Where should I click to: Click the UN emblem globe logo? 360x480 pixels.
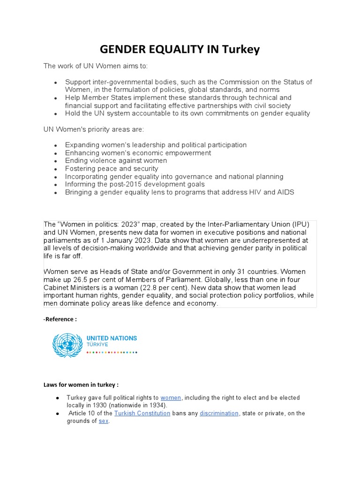(67, 345)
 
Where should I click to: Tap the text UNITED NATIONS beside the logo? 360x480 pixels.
(112, 338)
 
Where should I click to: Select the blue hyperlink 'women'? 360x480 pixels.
(171, 397)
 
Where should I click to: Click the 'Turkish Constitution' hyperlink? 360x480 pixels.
(142, 413)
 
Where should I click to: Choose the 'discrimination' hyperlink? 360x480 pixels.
(219, 413)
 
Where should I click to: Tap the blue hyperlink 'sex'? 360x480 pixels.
(104, 421)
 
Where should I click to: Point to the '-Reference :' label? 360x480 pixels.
(60, 319)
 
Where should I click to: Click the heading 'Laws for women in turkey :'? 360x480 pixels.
(81, 385)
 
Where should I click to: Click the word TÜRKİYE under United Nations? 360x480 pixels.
(97, 345)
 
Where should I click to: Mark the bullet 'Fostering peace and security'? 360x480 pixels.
(112, 169)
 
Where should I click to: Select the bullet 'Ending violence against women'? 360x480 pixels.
(116, 161)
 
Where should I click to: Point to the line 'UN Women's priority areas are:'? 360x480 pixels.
(90, 129)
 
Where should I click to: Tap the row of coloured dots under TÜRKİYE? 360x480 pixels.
(112, 352)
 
